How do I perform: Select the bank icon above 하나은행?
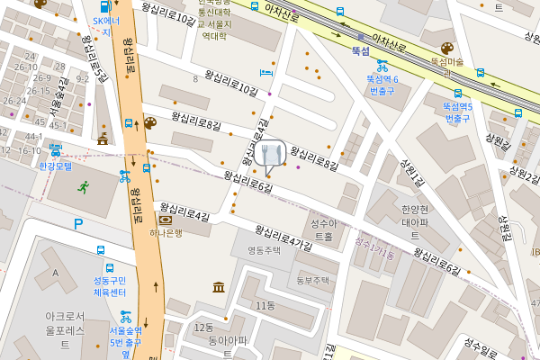(x=166, y=220)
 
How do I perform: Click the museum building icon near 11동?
(x=219, y=287)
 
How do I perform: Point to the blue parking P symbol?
(x=78, y=224)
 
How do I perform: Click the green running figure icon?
(x=84, y=187)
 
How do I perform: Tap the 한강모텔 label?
(x=55, y=166)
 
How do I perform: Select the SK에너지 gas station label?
(x=106, y=25)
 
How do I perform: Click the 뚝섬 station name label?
(x=361, y=52)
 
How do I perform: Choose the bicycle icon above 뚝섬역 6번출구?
(x=382, y=65)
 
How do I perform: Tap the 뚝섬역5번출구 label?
(x=457, y=112)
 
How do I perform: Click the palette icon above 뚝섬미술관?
(x=446, y=49)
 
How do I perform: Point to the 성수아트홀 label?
(x=322, y=229)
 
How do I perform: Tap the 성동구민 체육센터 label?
(x=109, y=286)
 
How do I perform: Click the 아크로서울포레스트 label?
(x=65, y=329)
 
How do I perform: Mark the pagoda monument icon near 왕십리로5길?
(x=103, y=139)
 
